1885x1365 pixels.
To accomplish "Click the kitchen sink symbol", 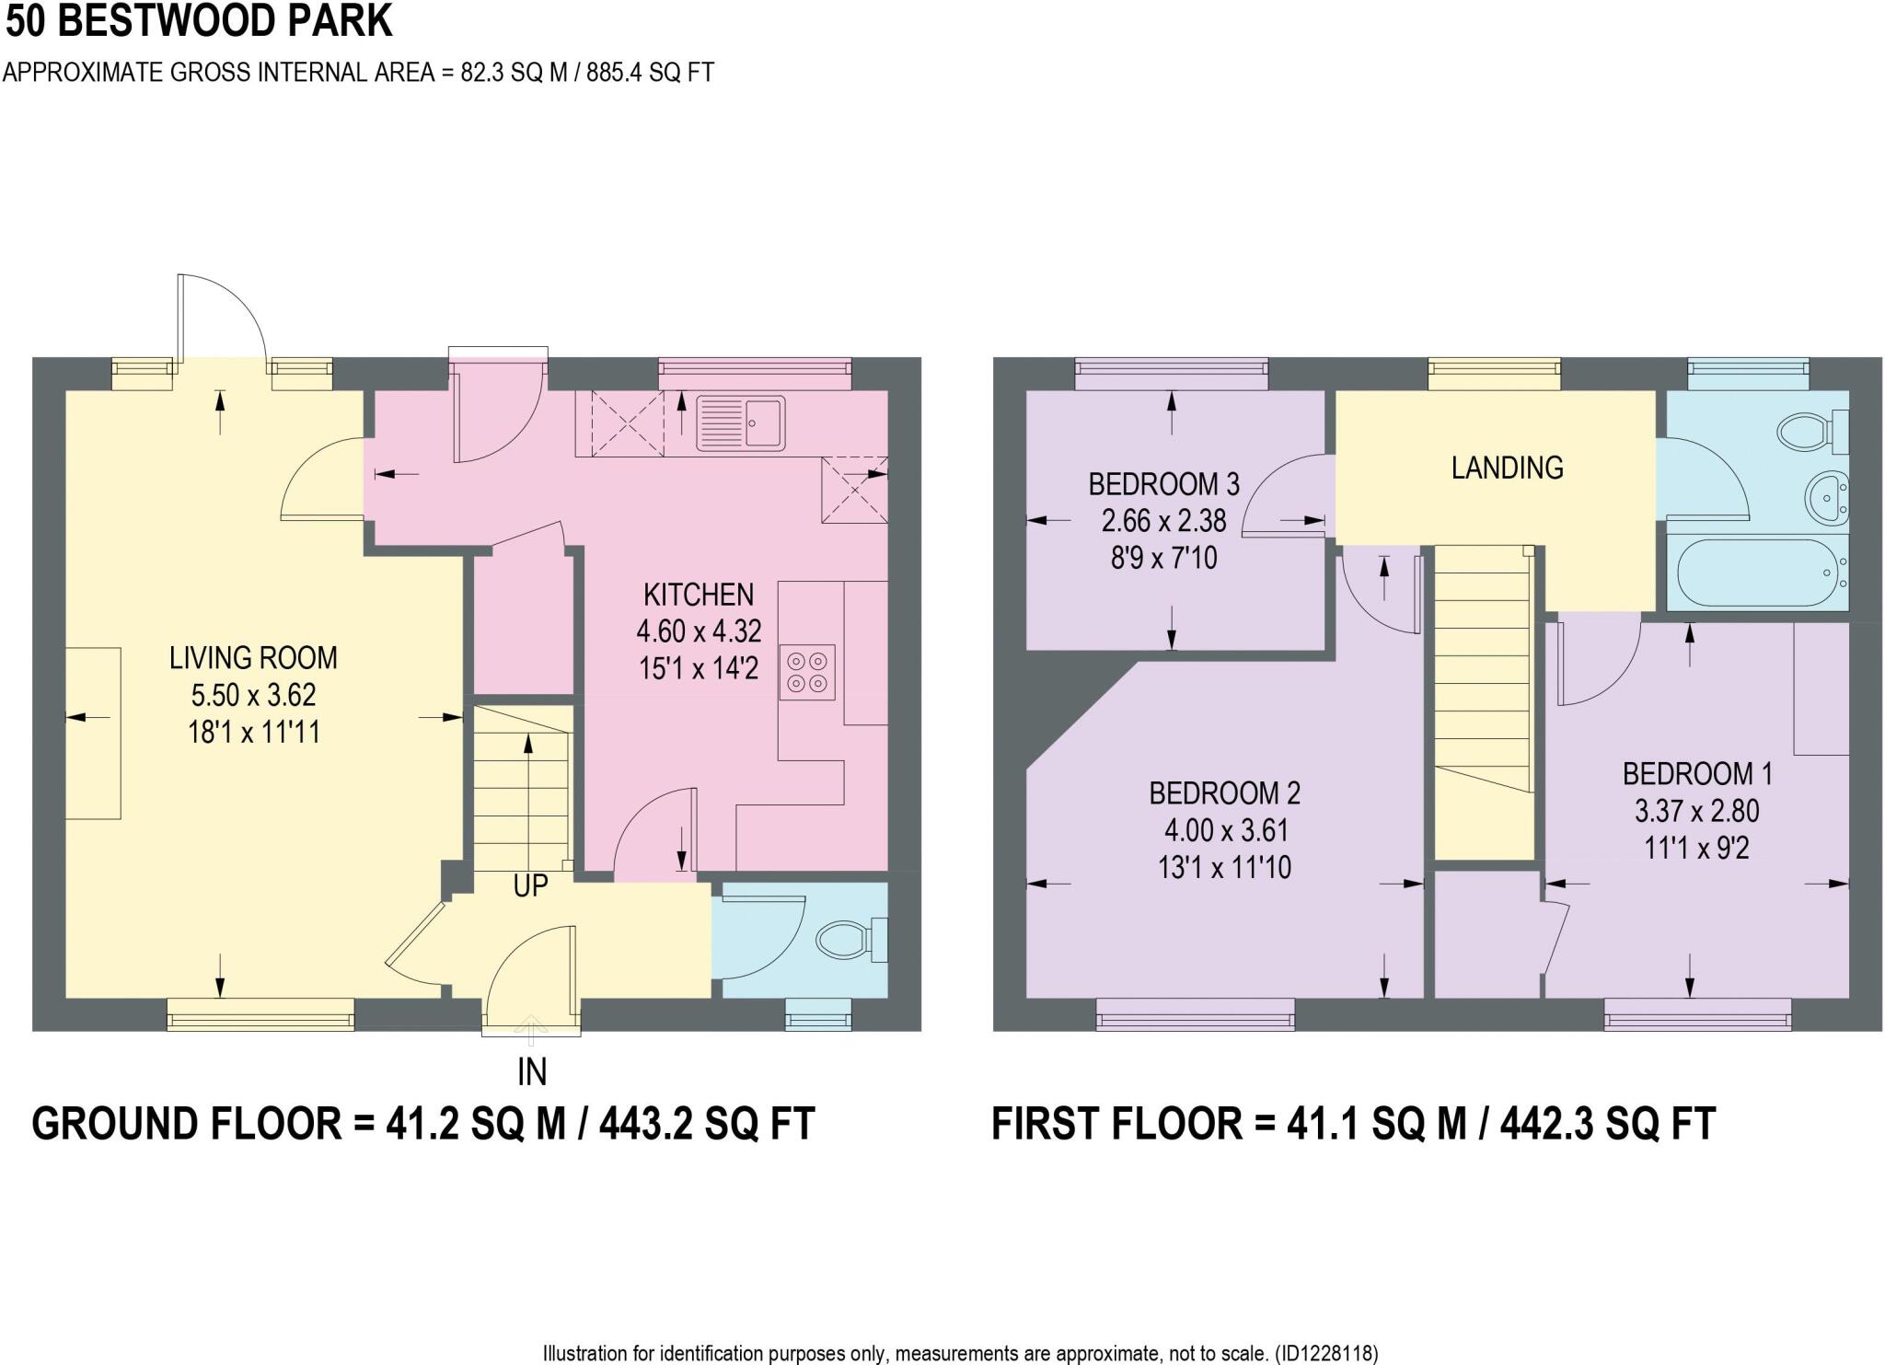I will [741, 423].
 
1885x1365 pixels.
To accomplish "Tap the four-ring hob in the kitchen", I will [807, 672].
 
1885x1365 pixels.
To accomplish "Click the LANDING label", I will [1507, 468].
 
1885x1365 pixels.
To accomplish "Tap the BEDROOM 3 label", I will [1163, 483].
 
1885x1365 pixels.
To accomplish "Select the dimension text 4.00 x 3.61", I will [1224, 830].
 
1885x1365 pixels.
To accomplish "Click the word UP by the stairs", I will [530, 885].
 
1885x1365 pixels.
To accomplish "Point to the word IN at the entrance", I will [532, 1071].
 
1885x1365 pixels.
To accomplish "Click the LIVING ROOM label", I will [253, 657].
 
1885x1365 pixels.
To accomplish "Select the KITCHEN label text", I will [699, 595].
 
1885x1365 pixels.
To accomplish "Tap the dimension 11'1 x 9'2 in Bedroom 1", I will [1696, 848].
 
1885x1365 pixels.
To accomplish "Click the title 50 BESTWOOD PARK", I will [199, 21].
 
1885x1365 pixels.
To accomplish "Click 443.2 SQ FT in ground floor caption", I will [707, 1124].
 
